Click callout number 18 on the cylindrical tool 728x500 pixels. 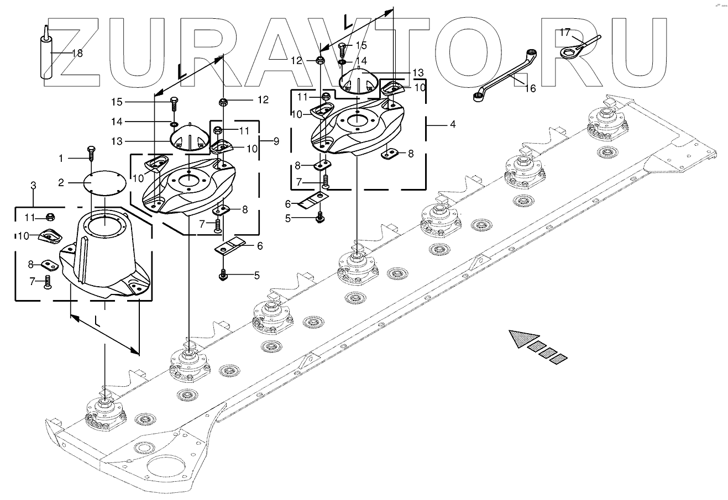pyautogui.click(x=77, y=53)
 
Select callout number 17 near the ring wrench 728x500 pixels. pyautogui.click(x=564, y=32)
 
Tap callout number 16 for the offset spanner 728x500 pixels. pyautogui.click(x=530, y=88)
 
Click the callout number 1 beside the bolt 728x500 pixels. pyautogui.click(x=62, y=158)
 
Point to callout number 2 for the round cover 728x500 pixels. pyautogui.click(x=62, y=182)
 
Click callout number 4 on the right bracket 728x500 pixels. pyautogui.click(x=452, y=125)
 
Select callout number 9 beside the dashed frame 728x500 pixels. pyautogui.click(x=276, y=141)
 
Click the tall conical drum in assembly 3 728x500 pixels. pyautogui.click(x=105, y=249)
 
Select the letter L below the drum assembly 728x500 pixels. pyautogui.click(x=97, y=320)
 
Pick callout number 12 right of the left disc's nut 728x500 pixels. pyautogui.click(x=262, y=100)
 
